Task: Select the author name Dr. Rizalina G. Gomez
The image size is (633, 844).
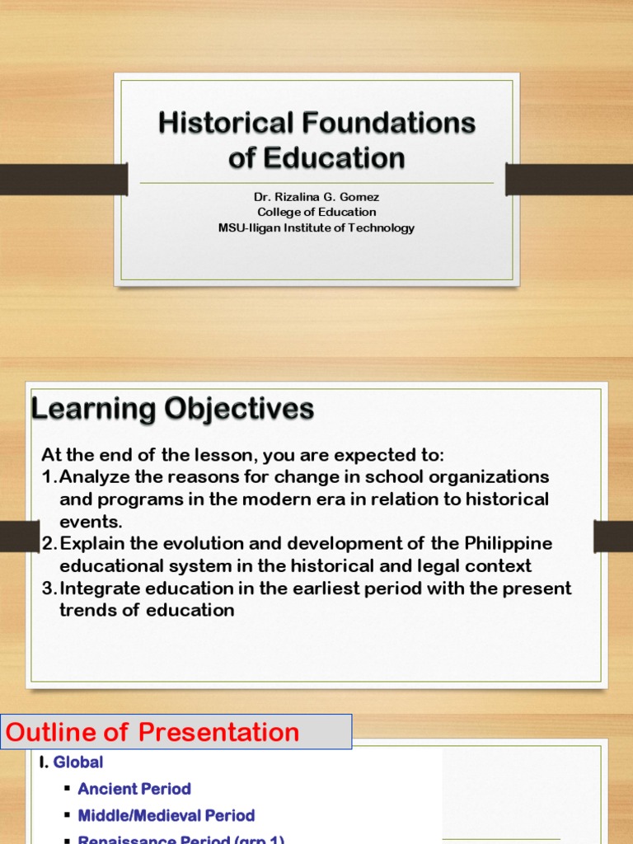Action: [x=316, y=197]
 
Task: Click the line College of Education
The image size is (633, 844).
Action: [x=316, y=212]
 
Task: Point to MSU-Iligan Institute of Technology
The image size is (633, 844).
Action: [x=316, y=227]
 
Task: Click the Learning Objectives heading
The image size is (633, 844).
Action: [x=172, y=409]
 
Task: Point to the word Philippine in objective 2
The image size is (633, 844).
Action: [x=508, y=544]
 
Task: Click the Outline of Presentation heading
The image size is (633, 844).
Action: [x=153, y=732]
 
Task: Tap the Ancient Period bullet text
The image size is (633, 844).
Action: [x=134, y=789]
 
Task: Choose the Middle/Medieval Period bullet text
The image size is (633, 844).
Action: [x=166, y=815]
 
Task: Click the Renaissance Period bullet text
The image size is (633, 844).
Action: [x=181, y=838]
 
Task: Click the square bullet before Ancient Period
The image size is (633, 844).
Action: [x=66, y=790]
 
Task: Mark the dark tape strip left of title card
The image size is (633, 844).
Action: [x=63, y=179]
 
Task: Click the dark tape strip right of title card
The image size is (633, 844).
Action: [x=569, y=179]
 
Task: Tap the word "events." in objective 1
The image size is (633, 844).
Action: [x=91, y=522]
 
